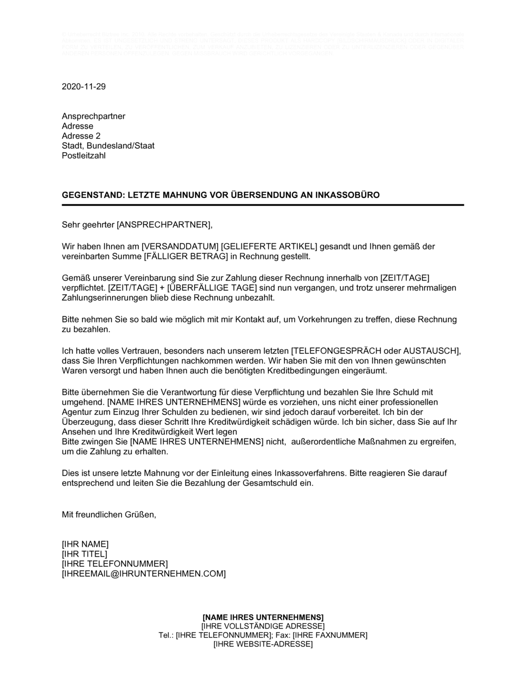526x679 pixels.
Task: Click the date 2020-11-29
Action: point(84,87)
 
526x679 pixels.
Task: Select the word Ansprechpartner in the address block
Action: point(94,116)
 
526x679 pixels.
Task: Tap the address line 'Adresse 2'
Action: point(81,136)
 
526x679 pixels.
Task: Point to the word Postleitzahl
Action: point(84,156)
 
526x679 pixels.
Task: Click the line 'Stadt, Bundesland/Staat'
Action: point(108,146)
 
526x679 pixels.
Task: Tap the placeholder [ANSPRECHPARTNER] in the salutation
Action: point(163,225)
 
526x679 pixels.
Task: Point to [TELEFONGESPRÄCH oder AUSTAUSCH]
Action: point(376,351)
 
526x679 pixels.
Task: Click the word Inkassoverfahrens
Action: point(313,473)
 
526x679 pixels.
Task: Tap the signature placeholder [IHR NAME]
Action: point(85,544)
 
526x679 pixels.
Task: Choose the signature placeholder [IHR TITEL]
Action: point(85,554)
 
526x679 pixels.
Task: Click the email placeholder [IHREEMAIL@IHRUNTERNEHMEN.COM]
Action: point(144,574)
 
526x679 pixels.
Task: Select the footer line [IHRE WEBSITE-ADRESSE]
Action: point(263,644)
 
